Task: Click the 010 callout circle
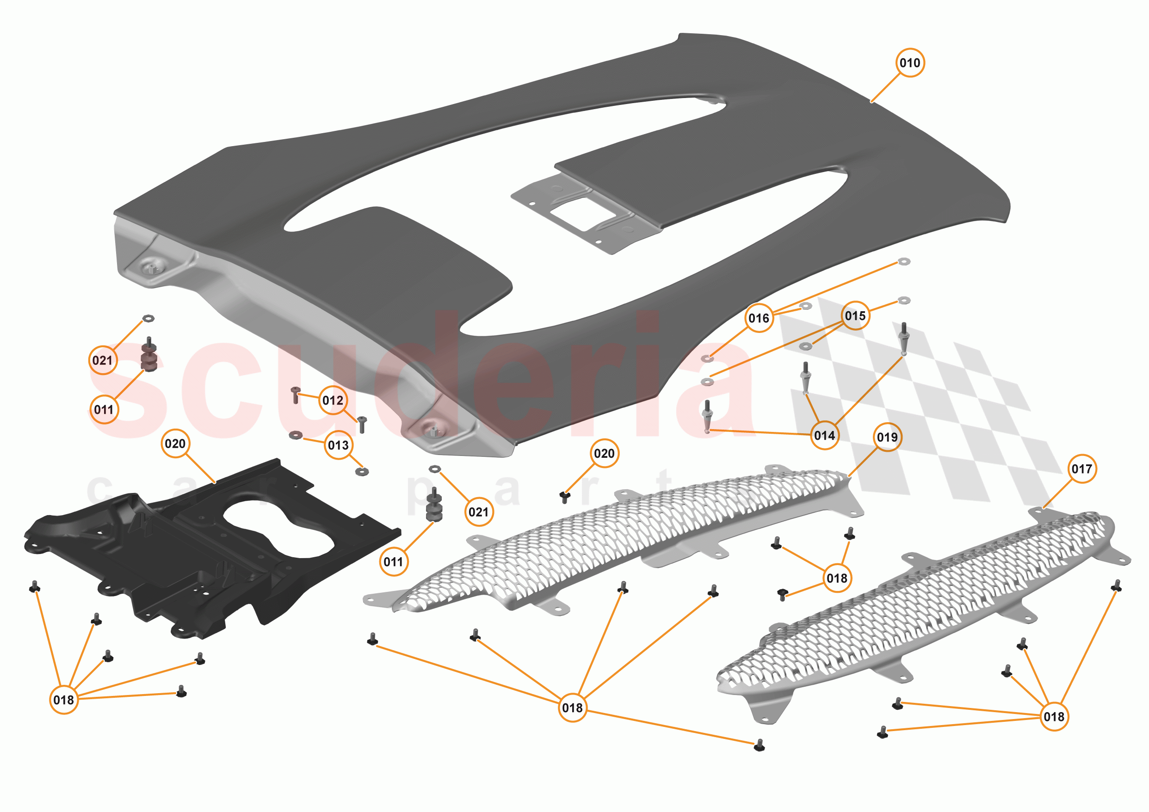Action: point(909,63)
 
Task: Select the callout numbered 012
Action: point(333,400)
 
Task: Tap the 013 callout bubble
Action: point(338,445)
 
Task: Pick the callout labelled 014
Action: point(824,435)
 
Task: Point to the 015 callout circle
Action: point(855,316)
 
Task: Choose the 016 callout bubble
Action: point(759,318)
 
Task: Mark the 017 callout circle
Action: point(1081,469)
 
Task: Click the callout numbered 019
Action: point(887,437)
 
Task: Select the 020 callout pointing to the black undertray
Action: point(175,444)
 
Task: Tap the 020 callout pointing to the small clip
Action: point(604,453)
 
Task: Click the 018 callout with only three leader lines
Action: point(837,578)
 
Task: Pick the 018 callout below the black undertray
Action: point(63,700)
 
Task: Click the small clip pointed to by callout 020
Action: point(564,496)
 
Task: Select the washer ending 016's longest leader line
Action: point(904,261)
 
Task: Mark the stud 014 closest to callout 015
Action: point(904,338)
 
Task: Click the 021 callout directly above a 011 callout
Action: point(103,360)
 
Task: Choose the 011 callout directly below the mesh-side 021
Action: point(393,562)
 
